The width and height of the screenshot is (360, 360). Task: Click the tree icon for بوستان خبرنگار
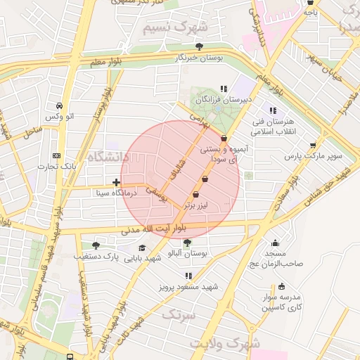199,46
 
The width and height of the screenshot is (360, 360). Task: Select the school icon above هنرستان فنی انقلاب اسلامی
273,110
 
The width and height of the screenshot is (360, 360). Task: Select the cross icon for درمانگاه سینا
116,183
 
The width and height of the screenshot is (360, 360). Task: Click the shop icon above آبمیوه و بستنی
224,139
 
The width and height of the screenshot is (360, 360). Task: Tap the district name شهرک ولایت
234,344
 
